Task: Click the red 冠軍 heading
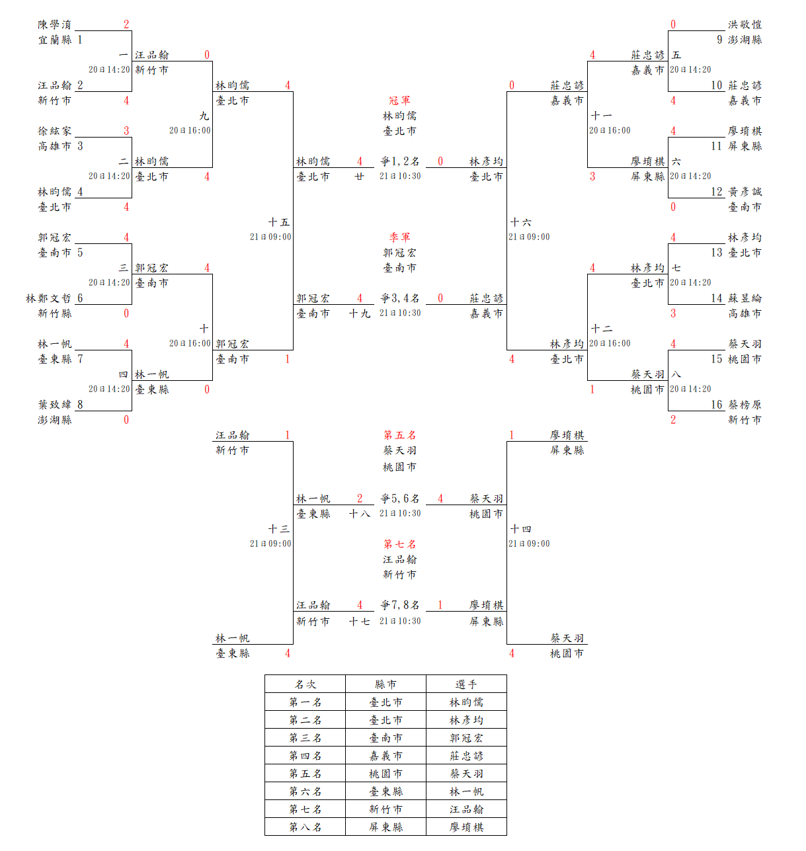(399, 101)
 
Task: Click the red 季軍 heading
(399, 237)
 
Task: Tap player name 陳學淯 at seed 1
(54, 24)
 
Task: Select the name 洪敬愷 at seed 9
(745, 24)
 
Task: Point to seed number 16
(717, 405)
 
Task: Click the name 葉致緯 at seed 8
(54, 405)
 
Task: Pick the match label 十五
(278, 222)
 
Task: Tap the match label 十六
(520, 222)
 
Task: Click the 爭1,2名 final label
(400, 161)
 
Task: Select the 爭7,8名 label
(400, 605)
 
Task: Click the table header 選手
(466, 684)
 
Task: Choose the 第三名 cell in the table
(305, 738)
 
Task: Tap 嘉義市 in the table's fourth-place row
(385, 756)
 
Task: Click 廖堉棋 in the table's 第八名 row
(466, 827)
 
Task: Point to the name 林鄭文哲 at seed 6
(48, 298)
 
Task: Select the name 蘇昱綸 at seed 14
(745, 298)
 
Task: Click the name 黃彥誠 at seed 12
(745, 192)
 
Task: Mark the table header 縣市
(385, 684)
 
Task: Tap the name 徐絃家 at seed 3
(54, 131)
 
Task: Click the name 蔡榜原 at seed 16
(745, 405)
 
